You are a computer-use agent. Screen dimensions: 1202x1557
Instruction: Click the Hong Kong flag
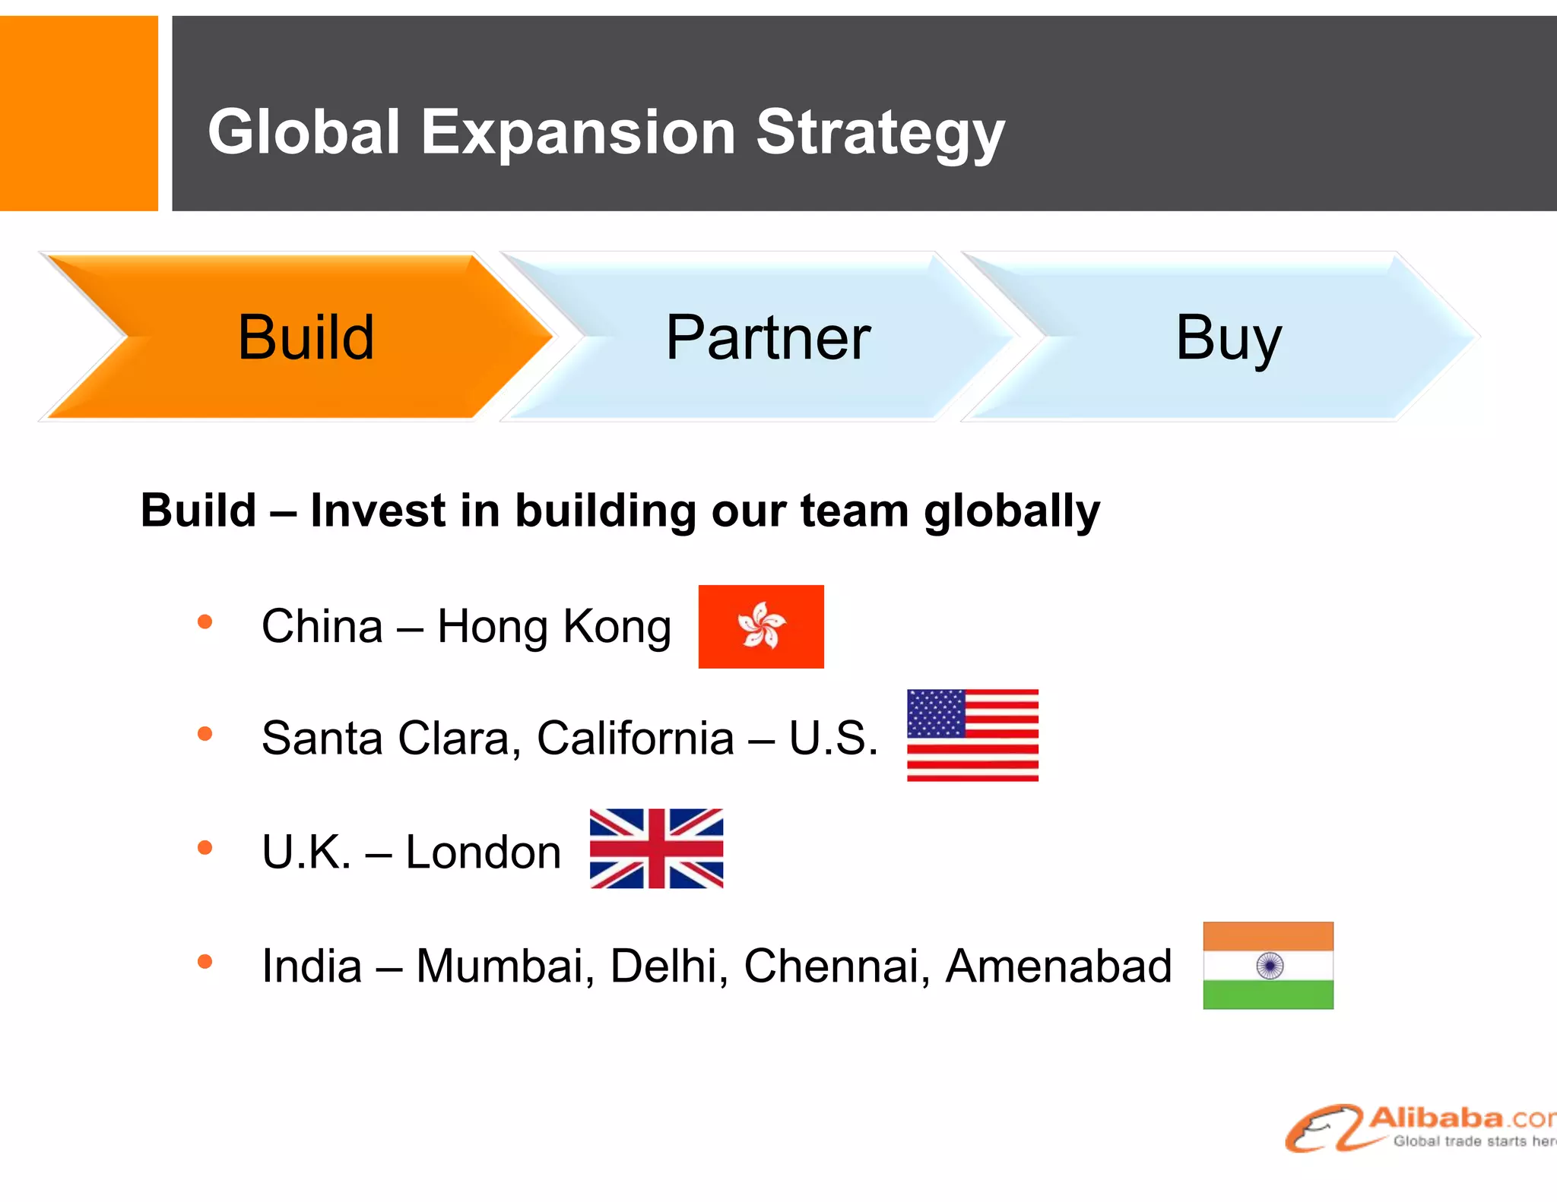point(761,626)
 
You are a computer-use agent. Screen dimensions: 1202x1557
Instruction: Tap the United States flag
point(972,735)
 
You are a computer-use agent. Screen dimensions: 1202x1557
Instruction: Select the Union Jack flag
point(656,848)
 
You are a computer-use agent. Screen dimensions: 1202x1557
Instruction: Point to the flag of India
point(1268,965)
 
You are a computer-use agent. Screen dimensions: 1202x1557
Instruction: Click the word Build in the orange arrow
point(306,337)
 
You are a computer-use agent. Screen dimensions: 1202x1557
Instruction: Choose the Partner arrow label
point(768,337)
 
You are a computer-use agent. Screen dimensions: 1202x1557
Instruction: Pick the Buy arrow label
point(1229,337)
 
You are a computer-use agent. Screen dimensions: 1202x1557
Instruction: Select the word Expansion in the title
point(578,133)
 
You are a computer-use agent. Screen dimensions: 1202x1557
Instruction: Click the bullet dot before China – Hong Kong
point(205,622)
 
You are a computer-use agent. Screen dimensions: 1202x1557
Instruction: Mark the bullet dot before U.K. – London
point(205,847)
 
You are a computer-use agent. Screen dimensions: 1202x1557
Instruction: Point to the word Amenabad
point(1058,966)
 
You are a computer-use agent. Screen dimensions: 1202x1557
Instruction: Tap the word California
point(636,738)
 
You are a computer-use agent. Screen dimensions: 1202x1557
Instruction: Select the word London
point(484,852)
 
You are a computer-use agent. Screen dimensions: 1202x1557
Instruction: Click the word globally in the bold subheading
point(1012,511)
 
